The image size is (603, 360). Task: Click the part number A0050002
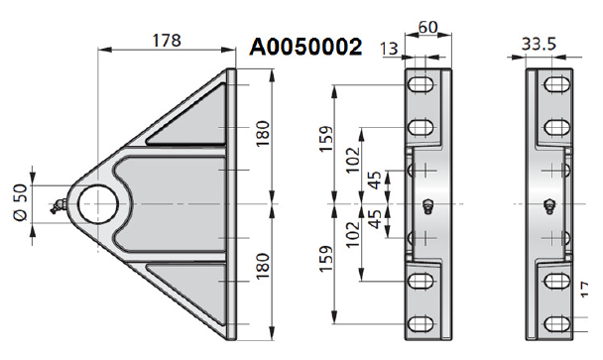click(x=305, y=47)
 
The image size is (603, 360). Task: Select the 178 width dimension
click(x=167, y=41)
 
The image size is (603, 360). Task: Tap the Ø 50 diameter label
click(x=21, y=202)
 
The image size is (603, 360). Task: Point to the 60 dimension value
click(x=427, y=28)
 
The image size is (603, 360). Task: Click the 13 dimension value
click(x=389, y=49)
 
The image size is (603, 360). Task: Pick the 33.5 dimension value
click(x=539, y=45)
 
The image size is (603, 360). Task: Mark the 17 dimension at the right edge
click(x=584, y=290)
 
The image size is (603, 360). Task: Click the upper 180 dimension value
click(x=263, y=134)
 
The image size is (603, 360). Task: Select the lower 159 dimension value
click(x=326, y=259)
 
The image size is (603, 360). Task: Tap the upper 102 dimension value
click(x=353, y=160)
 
